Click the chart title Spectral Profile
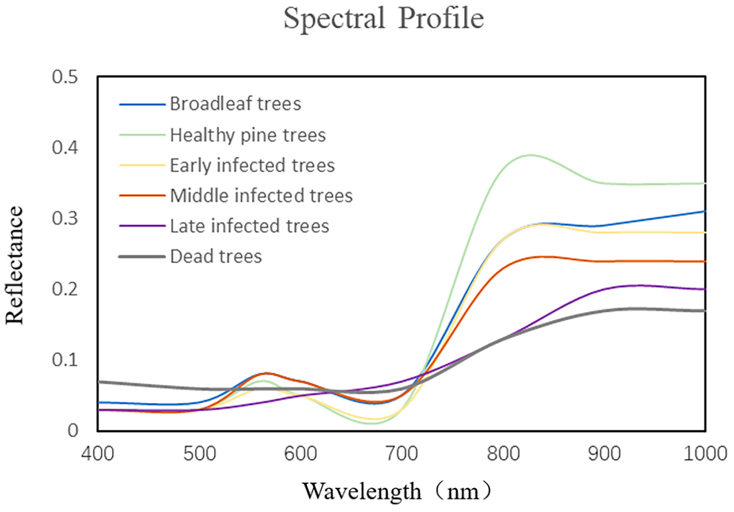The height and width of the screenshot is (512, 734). click(383, 18)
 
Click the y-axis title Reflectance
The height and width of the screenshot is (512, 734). click(14, 265)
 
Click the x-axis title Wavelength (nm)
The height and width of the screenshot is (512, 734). click(397, 491)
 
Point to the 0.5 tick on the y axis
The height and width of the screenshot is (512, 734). click(65, 77)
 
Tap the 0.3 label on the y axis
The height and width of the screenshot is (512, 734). click(65, 218)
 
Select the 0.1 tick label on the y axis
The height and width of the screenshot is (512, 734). click(65, 360)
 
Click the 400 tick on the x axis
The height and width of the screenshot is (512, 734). click(98, 454)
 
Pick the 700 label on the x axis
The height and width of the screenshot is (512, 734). click(402, 454)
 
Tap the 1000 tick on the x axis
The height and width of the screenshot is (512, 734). click(705, 454)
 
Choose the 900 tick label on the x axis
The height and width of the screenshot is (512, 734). click(604, 454)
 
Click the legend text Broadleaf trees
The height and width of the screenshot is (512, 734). click(235, 104)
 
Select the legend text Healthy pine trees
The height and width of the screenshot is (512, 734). click(248, 135)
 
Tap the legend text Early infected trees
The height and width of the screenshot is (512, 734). click(252, 165)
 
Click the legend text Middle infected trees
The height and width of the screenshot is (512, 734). click(261, 196)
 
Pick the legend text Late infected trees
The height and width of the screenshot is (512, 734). click(250, 226)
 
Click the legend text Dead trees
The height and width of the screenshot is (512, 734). click(216, 256)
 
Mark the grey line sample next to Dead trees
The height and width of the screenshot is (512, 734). click(142, 257)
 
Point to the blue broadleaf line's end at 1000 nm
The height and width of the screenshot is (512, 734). click(705, 211)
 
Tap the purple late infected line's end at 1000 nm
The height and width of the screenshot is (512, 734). click(705, 289)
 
